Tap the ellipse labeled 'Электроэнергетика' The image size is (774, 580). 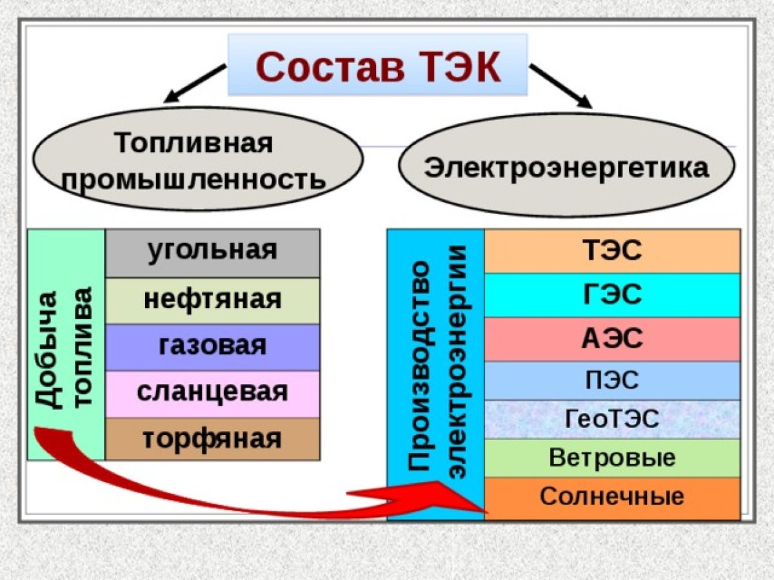[x=566, y=169]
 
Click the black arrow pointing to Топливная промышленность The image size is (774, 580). [x=194, y=83]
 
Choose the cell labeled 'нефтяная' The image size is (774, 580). [x=212, y=300]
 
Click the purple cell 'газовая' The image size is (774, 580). [x=212, y=347]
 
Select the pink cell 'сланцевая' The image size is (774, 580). [x=212, y=393]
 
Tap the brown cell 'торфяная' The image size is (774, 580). [x=212, y=439]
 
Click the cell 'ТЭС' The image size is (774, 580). [x=611, y=251]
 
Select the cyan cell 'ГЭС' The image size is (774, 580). [x=611, y=295]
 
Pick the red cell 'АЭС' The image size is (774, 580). [x=611, y=339]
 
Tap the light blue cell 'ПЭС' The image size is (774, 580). [x=611, y=380]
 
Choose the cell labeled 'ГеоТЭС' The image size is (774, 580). [x=611, y=420]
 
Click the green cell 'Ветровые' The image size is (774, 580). [x=611, y=458]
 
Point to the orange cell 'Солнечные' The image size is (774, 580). [x=611, y=498]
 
